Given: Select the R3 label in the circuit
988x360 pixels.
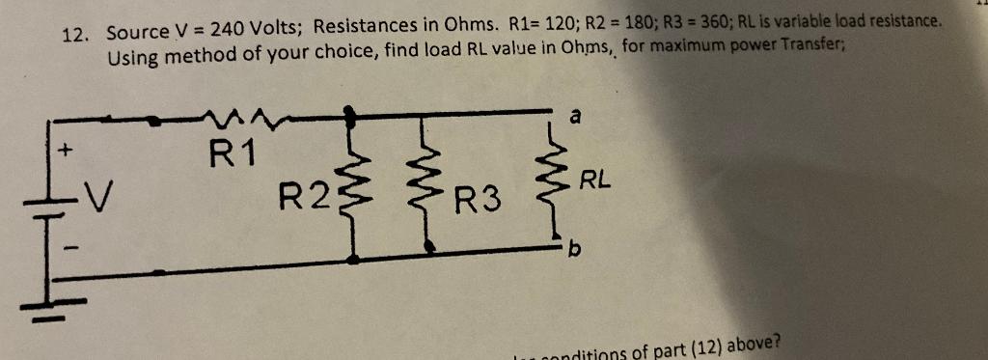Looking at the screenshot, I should (x=479, y=202).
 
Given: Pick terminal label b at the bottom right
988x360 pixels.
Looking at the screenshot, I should (x=575, y=254).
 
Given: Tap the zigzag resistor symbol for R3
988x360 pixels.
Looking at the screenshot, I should (x=425, y=184).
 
